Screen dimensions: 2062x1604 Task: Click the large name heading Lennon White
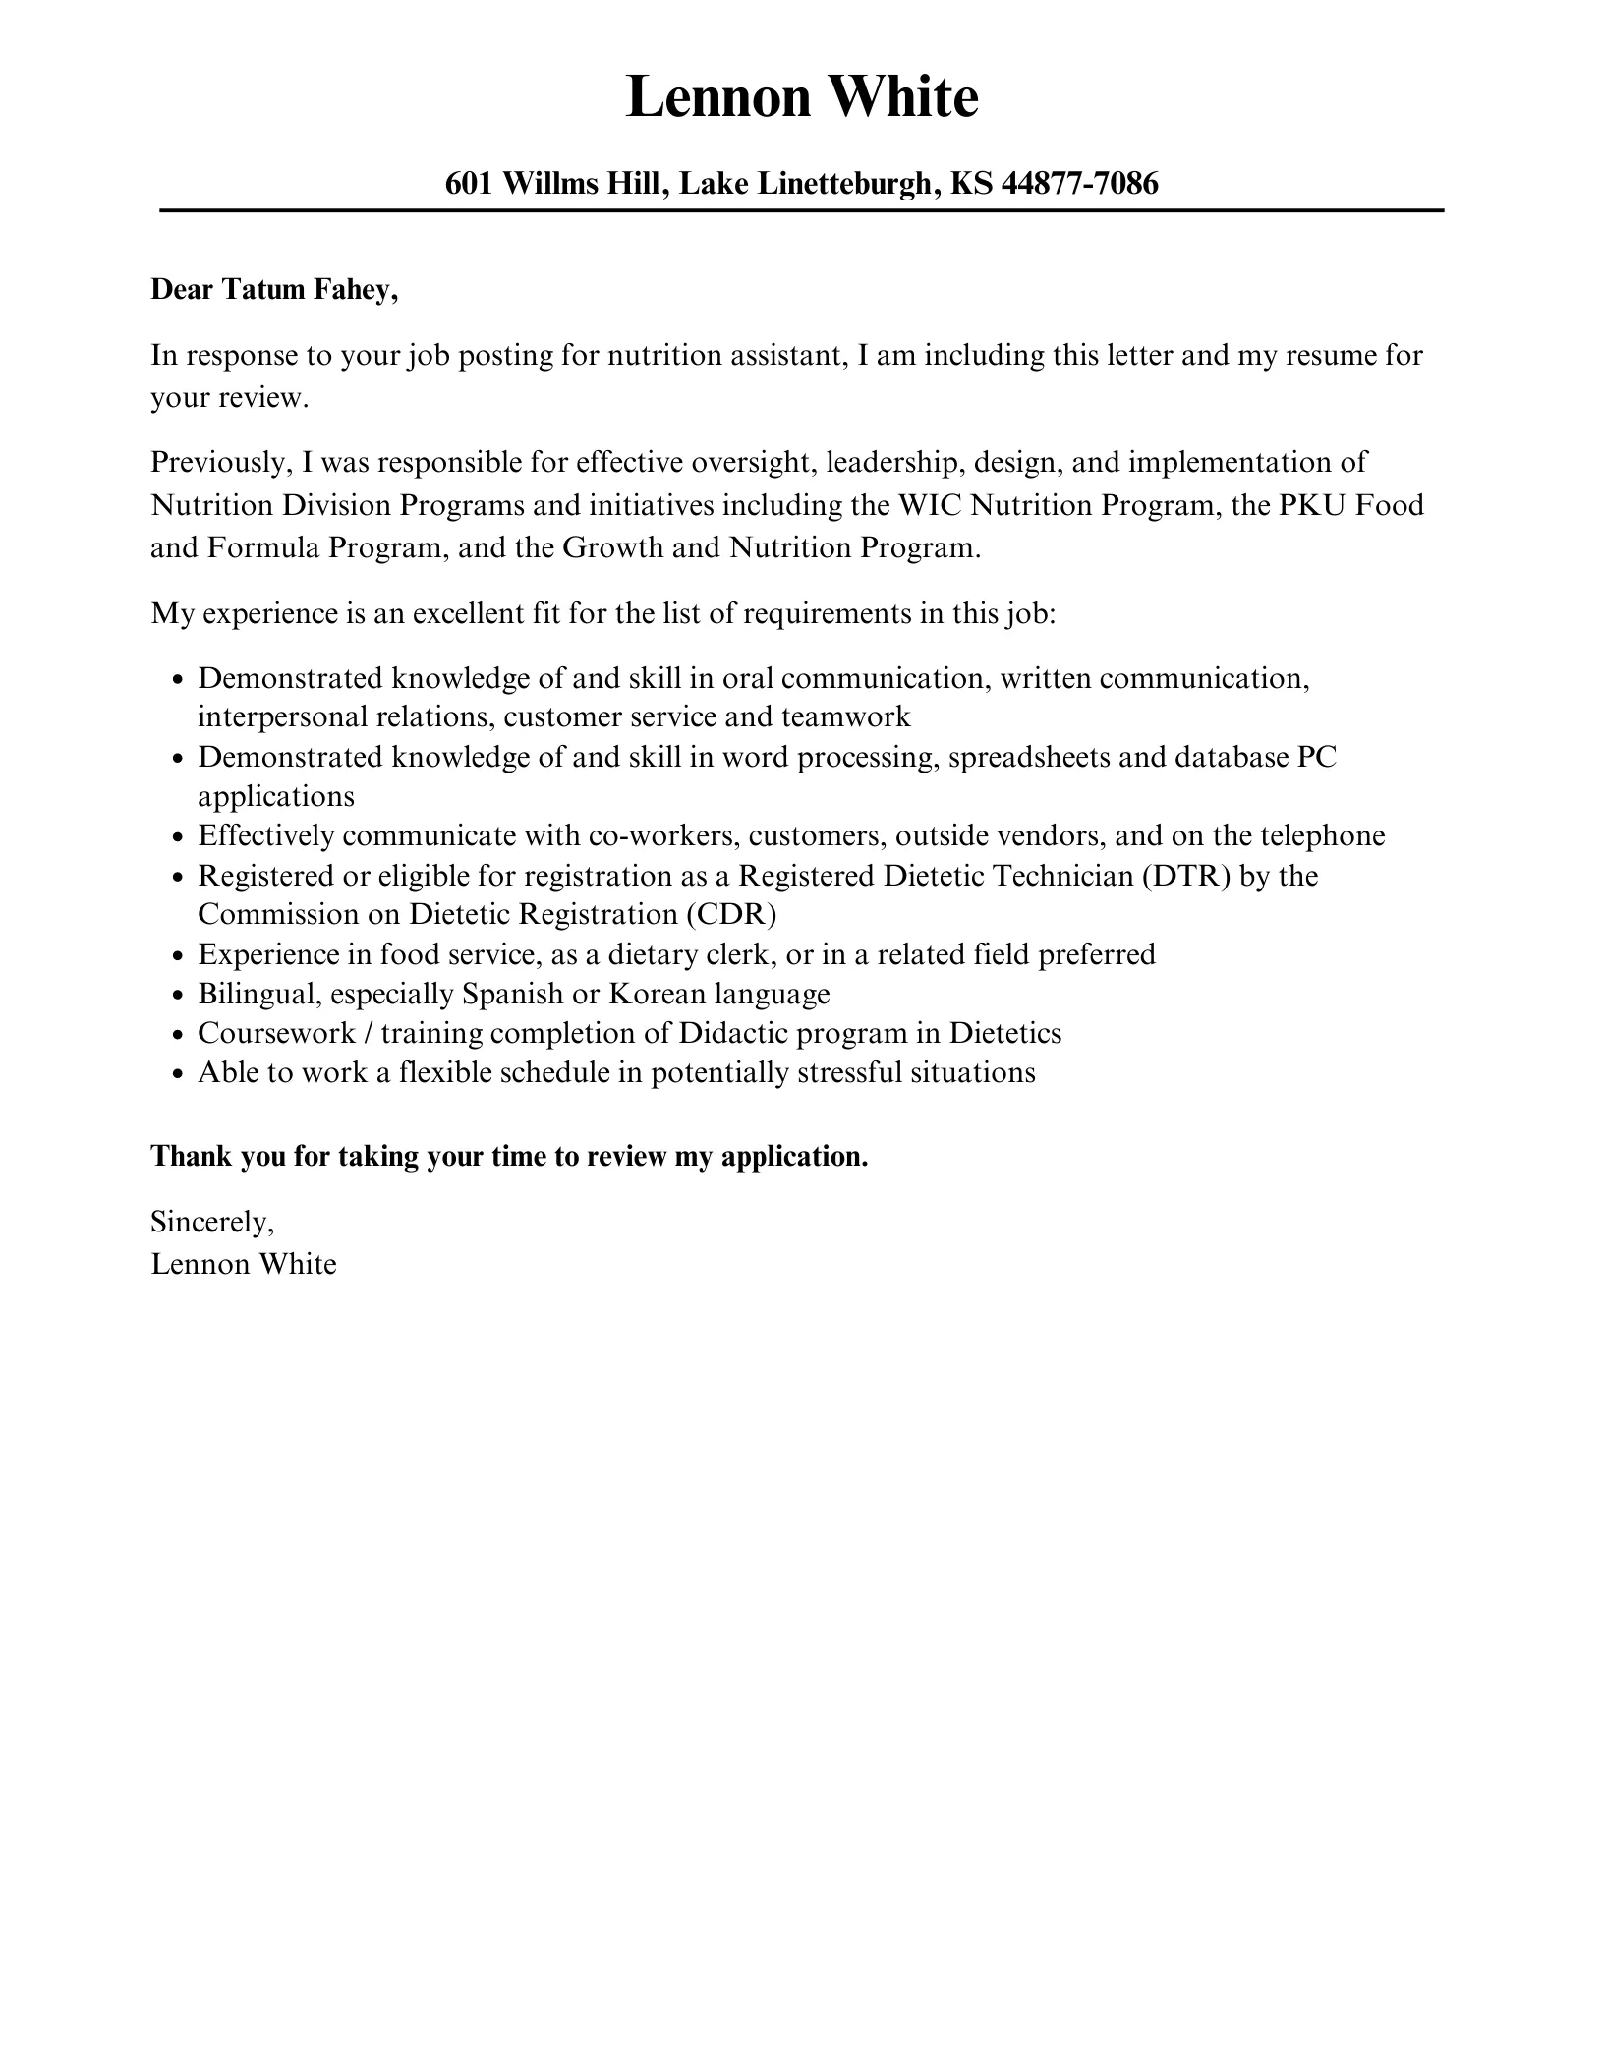802,98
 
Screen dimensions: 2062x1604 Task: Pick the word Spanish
513,994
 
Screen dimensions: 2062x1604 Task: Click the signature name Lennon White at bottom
244,1264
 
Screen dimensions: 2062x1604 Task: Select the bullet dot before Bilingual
178,996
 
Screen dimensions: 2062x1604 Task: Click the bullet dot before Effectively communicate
178,837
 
